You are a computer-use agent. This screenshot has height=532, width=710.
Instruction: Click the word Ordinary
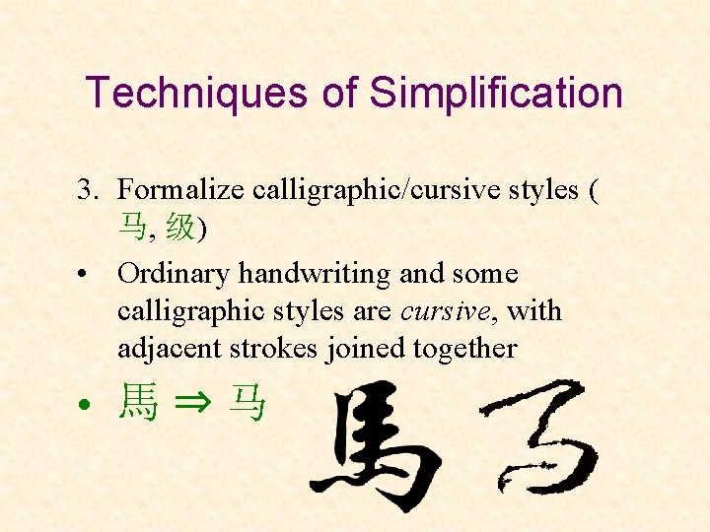point(174,274)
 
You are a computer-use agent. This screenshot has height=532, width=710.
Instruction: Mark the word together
point(464,349)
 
